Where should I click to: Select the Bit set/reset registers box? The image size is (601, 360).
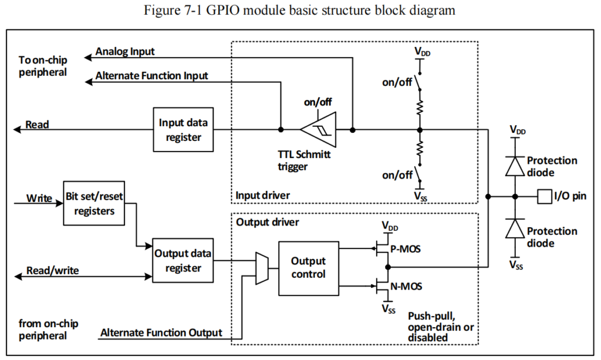[94, 203]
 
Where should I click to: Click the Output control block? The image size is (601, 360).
[308, 268]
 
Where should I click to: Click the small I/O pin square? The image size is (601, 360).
[543, 196]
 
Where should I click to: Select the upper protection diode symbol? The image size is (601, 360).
[515, 166]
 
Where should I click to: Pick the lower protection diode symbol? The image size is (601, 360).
[515, 228]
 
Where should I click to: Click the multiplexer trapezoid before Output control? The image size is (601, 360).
[262, 268]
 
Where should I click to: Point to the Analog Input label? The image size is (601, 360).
[124, 51]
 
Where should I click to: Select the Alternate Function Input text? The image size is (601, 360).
[151, 76]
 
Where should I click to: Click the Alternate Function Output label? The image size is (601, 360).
[161, 333]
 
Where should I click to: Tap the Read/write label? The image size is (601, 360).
[53, 271]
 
